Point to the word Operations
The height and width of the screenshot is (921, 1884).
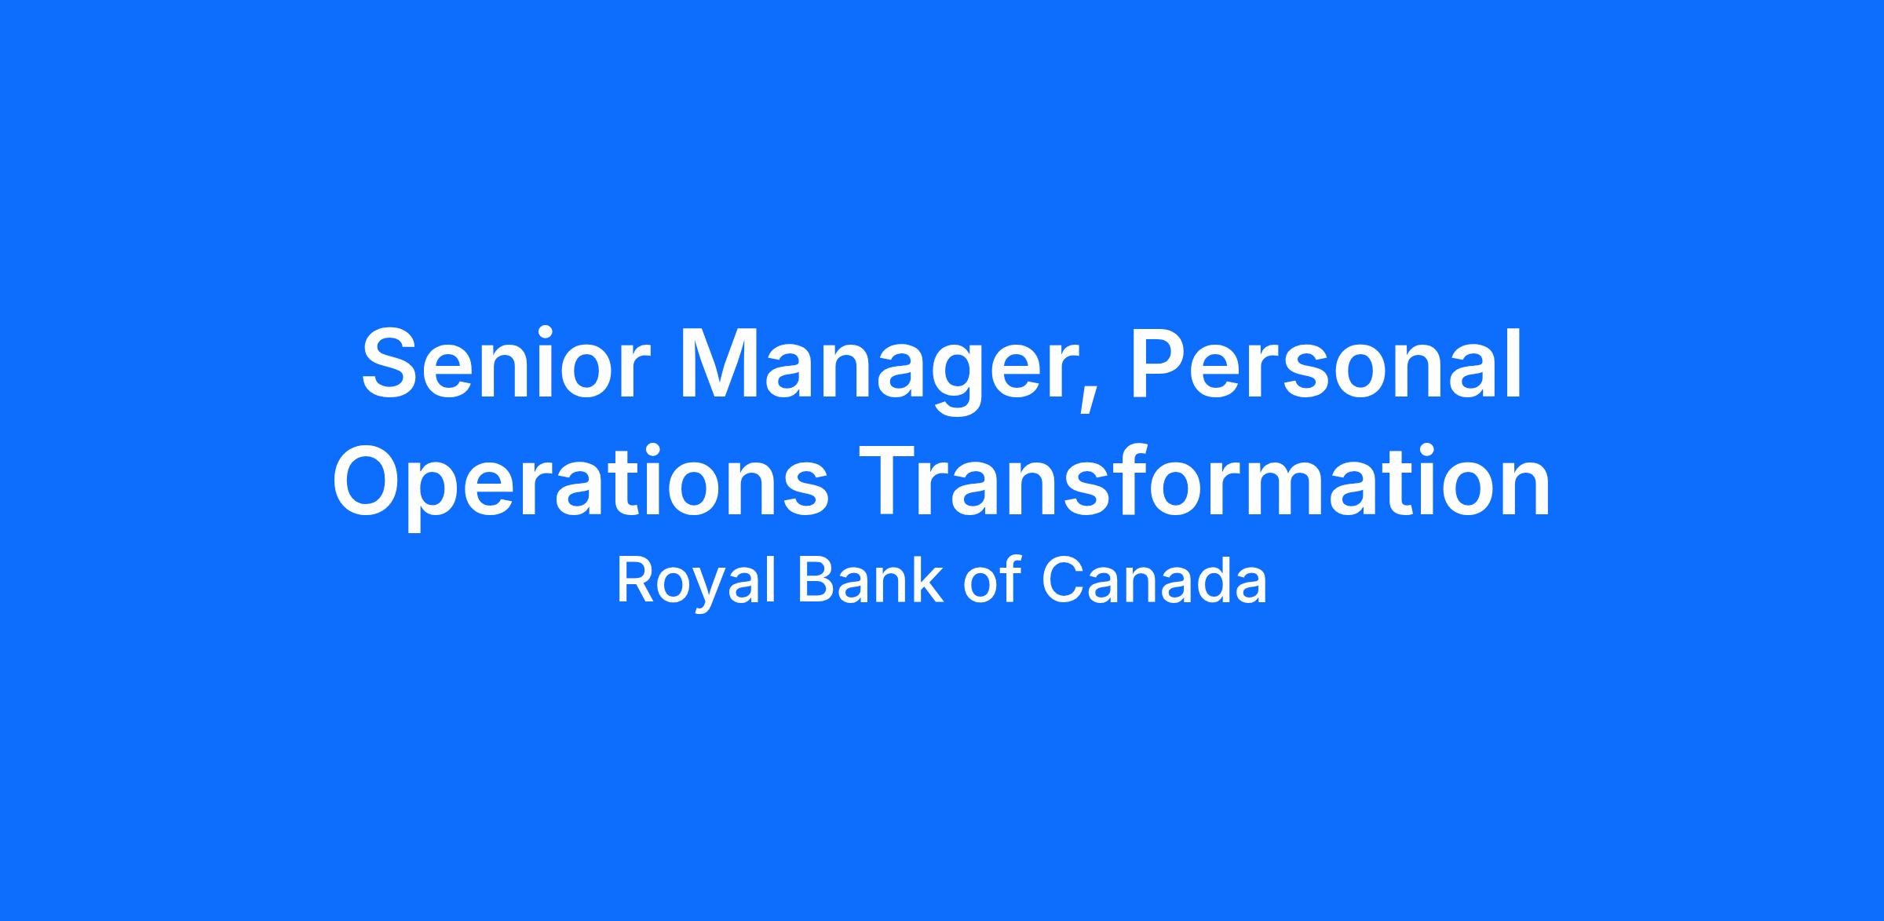pos(580,484)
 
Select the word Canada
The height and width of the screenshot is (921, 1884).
pos(1154,581)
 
